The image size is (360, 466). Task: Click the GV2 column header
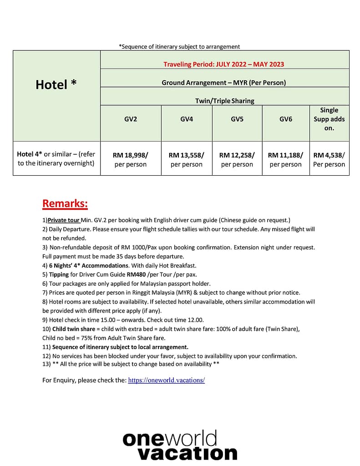pos(131,119)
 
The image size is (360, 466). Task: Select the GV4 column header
pos(187,119)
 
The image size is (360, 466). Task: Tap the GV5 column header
pos(237,119)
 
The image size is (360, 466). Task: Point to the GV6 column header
pos(286,119)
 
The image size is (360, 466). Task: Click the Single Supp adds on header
pos(329,119)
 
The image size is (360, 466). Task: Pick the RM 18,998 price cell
pos(131,159)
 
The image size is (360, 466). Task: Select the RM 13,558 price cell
pos(187,159)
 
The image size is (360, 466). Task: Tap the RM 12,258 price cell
pos(237,159)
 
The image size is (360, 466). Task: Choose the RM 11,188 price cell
pos(286,159)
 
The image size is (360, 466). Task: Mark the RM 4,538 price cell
pos(329,159)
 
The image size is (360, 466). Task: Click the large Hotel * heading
pos(56,85)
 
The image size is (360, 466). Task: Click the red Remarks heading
pos(65,203)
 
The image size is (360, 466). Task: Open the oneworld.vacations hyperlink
pos(167,380)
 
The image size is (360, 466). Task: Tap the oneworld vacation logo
pos(180,446)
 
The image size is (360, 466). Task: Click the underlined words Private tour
pos(64,220)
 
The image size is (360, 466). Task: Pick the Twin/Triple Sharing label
pos(225,101)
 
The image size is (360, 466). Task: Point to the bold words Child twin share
pos(74,329)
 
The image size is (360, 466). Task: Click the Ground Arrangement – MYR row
pos(224,83)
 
